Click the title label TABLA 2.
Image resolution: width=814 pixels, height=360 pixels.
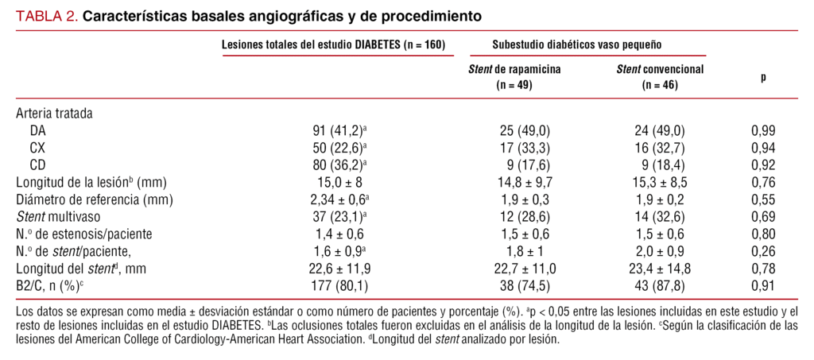(46, 15)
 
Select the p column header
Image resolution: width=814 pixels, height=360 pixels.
(763, 77)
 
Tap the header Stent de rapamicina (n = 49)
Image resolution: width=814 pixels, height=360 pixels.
(514, 76)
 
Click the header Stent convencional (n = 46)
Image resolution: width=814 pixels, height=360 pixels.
(660, 76)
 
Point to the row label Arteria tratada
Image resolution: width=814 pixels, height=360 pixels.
(54, 114)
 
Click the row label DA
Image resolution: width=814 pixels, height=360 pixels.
(38, 130)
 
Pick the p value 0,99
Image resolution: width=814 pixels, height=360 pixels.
(763, 130)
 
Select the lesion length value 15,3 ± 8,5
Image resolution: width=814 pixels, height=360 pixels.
(660, 183)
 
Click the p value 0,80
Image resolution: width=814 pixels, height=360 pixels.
(763, 234)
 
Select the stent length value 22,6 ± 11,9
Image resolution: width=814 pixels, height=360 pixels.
(339, 269)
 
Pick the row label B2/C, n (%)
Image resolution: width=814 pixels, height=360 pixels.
(51, 287)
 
